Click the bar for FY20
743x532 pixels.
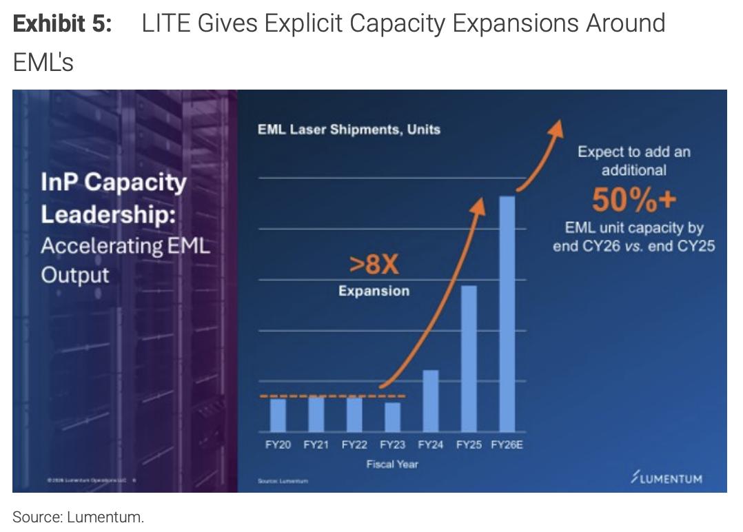(278, 415)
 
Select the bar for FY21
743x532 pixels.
(316, 415)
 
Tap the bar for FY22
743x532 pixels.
(354, 415)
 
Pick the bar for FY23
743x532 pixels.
(392, 417)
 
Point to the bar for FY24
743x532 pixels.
(431, 401)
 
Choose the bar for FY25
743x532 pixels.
(469, 358)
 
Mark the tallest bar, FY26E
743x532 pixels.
(507, 314)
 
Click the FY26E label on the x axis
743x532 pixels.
(507, 445)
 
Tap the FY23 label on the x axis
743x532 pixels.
(392, 445)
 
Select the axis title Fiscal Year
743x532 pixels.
(392, 464)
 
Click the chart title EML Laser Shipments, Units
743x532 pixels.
(349, 129)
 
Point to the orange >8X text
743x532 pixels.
(374, 265)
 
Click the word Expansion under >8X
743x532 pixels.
(374, 291)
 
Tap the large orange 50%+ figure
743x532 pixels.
(633, 200)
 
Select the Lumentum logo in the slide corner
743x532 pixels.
(666, 478)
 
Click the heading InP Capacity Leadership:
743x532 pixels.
(114, 198)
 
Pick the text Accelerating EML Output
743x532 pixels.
(125, 260)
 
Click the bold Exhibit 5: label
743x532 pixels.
(63, 24)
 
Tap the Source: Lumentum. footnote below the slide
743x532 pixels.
(79, 517)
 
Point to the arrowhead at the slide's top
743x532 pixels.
(557, 127)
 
